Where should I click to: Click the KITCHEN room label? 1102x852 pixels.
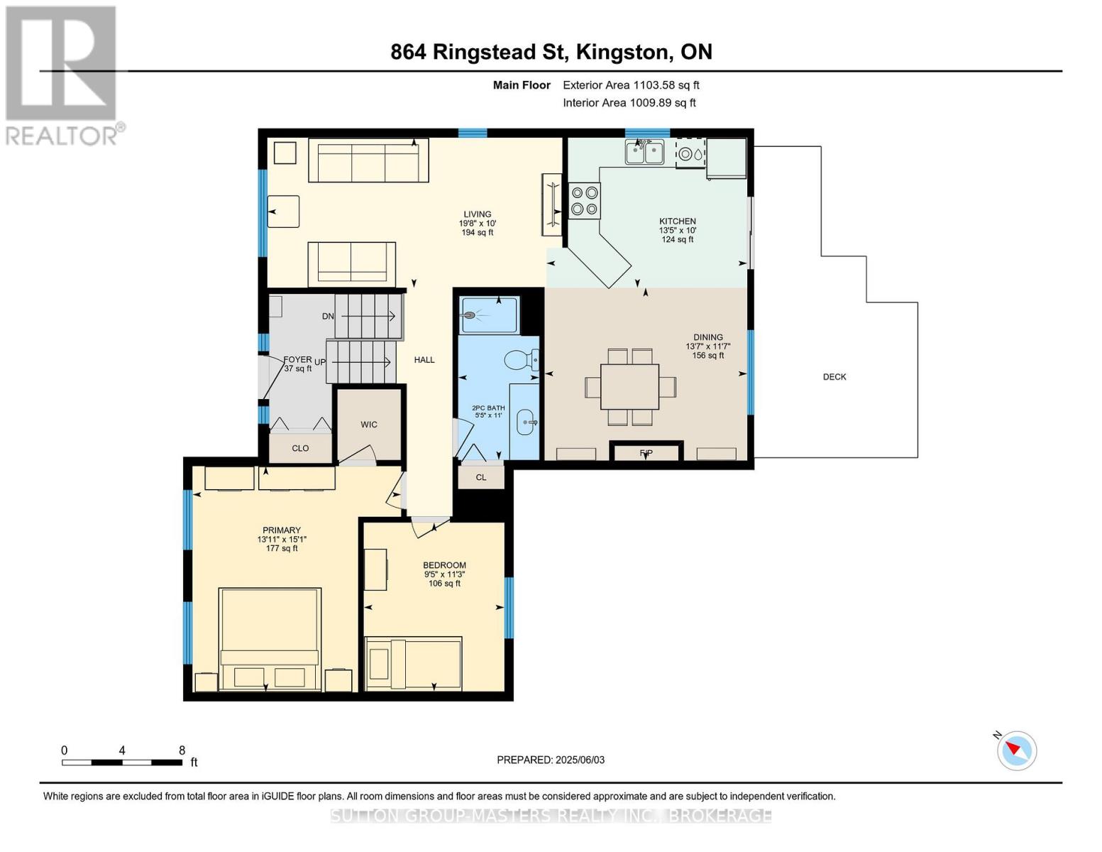pos(678,222)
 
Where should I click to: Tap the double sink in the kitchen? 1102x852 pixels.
pos(644,152)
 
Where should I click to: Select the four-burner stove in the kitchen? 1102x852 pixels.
pos(584,200)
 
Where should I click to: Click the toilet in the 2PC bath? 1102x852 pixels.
pos(522,360)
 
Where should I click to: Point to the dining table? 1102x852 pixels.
pos(630,387)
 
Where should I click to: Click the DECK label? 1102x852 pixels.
pos(834,377)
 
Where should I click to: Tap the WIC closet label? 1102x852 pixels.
pos(369,425)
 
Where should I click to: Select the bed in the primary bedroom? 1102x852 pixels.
pos(270,640)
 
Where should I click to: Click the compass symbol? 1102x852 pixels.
pos(1016,751)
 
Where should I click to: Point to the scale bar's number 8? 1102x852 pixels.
pos(182,750)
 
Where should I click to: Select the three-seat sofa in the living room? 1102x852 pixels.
pos(369,160)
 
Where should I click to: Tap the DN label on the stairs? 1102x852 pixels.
pos(328,316)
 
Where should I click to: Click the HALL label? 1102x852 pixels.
pos(424,360)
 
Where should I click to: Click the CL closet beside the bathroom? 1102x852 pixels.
pos(481,478)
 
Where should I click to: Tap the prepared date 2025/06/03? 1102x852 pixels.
pos(580,760)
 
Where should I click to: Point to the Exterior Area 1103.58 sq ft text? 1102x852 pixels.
pos(631,85)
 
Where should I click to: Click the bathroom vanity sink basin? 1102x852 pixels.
pos(526,422)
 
